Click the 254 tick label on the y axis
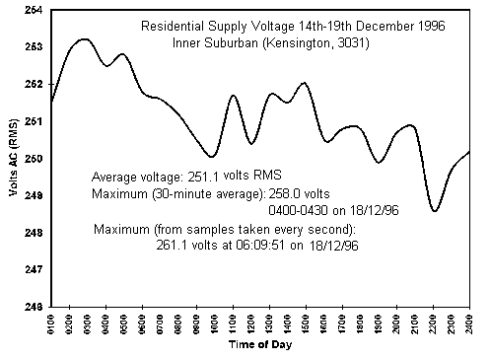(x=31, y=10)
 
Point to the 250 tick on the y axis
(x=31, y=158)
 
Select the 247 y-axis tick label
(x=31, y=268)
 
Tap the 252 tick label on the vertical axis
(x=31, y=84)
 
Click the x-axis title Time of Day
(x=259, y=345)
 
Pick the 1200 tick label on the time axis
(x=251, y=323)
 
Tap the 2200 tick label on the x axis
(x=434, y=323)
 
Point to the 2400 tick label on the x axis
(x=470, y=323)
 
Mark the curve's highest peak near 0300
(x=84, y=39)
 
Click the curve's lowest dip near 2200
(x=435, y=210)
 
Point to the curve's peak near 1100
(x=233, y=96)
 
